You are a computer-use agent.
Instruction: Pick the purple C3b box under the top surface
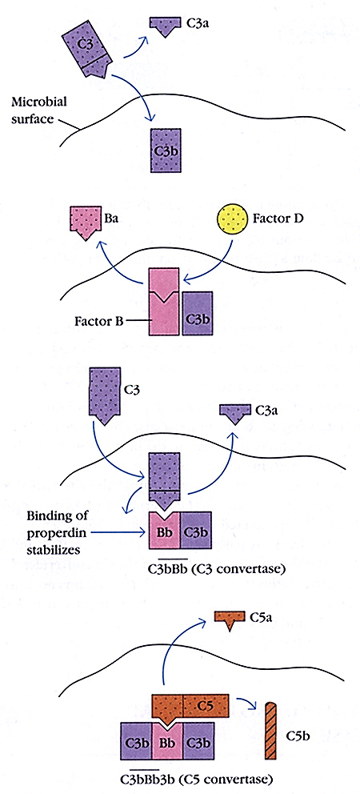167,150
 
